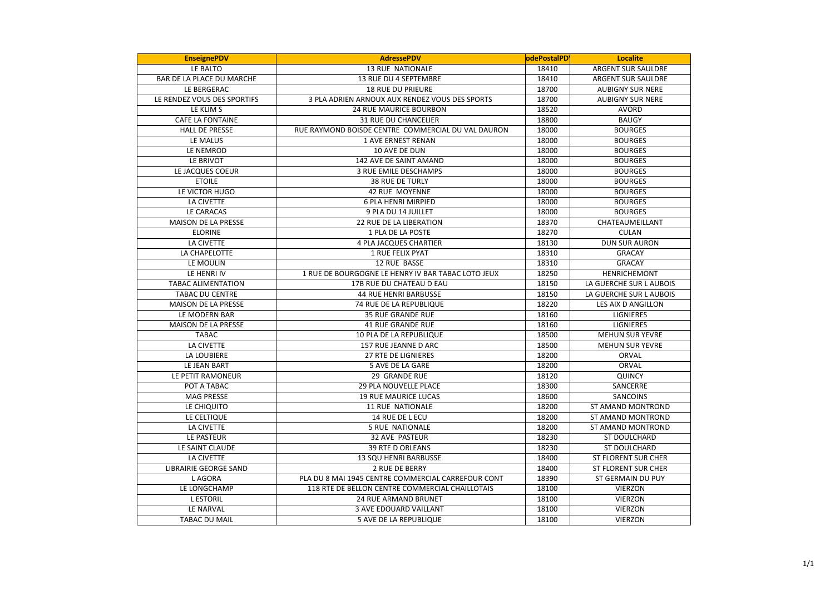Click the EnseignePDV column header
tap(206, 58)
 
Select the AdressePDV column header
tap(400, 58)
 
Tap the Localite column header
tap(630, 58)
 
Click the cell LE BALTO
tap(206, 69)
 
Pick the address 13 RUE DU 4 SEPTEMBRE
tap(400, 79)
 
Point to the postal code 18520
tap(547, 110)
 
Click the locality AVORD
tap(630, 110)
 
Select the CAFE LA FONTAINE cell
tap(206, 120)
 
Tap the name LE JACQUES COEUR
tap(206, 171)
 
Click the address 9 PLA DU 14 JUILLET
tap(400, 212)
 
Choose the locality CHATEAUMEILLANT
tap(630, 222)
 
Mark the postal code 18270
tap(547, 233)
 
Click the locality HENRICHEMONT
tap(630, 273)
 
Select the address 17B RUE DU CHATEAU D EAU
tap(400, 284)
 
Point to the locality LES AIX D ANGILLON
tap(630, 304)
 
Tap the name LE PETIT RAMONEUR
tap(206, 376)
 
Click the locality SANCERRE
tap(630, 386)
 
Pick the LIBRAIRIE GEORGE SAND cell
tap(206, 468)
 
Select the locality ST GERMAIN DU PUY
tap(630, 478)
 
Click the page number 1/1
tap(808, 564)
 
